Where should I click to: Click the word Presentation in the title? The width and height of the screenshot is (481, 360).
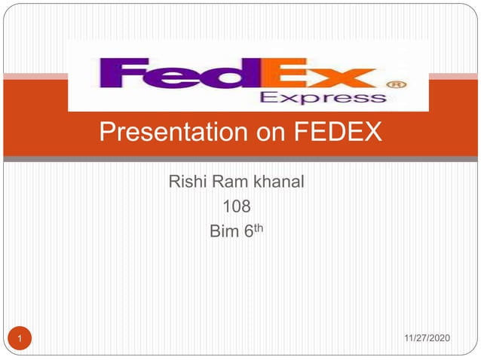161,133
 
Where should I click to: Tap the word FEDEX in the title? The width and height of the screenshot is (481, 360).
336,133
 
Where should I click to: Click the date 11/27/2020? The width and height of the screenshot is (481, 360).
427,340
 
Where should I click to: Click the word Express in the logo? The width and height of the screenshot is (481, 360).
322,98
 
